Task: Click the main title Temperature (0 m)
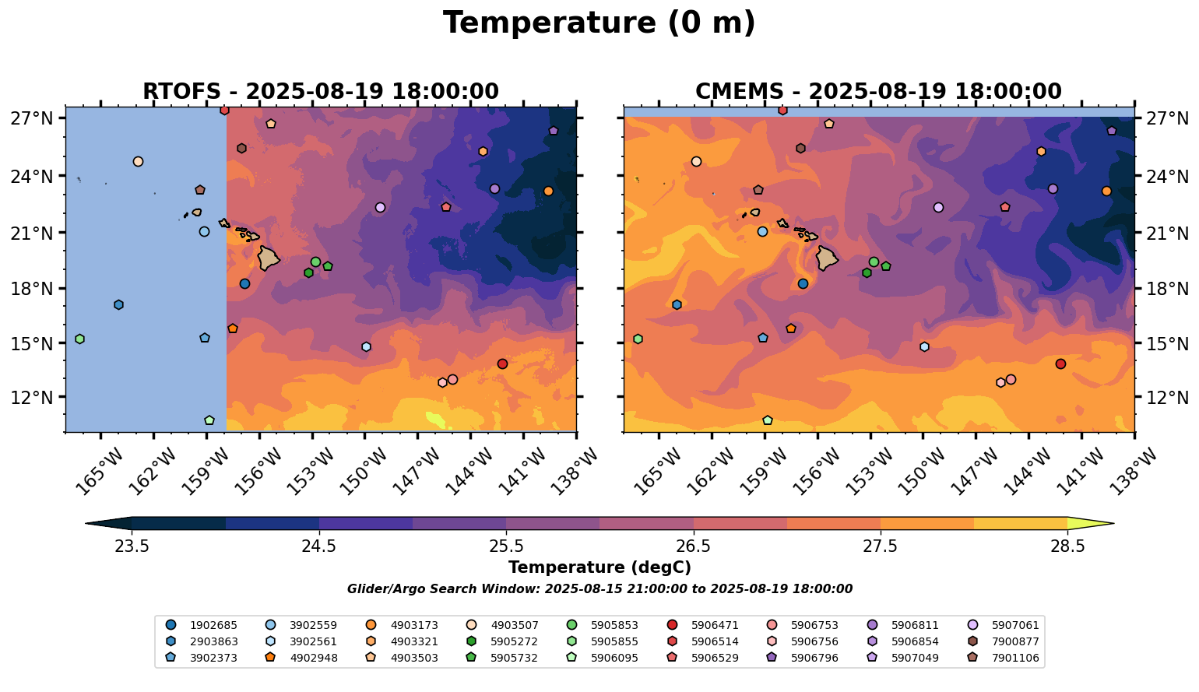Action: [x=599, y=23]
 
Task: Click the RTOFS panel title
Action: [x=320, y=91]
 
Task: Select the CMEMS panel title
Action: [x=878, y=91]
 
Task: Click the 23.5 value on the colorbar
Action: [x=132, y=546]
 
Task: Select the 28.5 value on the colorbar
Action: [x=1067, y=546]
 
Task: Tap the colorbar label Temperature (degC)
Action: [x=599, y=567]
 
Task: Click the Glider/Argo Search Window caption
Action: [x=599, y=589]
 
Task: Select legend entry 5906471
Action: [x=714, y=625]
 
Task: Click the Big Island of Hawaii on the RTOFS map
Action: [x=269, y=258]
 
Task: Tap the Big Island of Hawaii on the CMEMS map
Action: [x=827, y=258]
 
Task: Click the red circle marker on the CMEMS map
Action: [x=1060, y=364]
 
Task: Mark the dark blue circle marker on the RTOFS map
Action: [x=244, y=284]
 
